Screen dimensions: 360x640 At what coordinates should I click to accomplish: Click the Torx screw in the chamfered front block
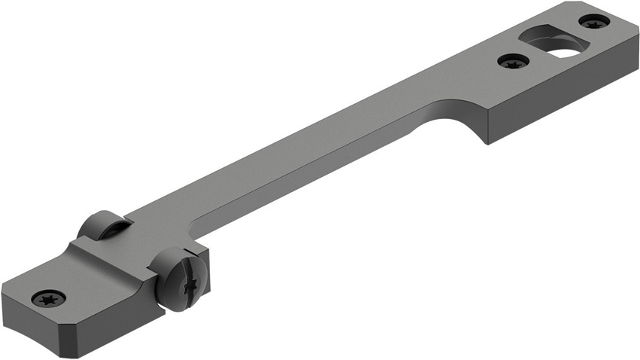48,297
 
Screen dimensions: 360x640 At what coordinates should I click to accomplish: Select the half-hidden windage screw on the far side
101,226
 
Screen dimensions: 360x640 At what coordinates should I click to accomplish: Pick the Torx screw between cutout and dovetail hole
513,60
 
